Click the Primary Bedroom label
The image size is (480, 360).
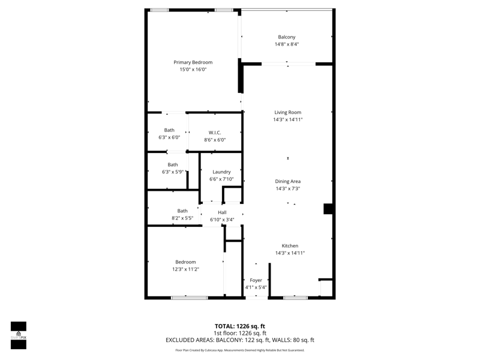(x=193, y=62)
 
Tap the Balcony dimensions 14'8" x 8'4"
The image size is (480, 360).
(x=287, y=44)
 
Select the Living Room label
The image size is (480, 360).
(x=288, y=112)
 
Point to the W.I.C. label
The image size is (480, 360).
(x=215, y=133)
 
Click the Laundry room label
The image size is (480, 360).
(x=221, y=172)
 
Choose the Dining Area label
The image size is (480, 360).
(x=288, y=181)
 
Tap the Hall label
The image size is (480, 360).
(x=222, y=212)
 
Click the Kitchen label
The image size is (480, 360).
(x=290, y=246)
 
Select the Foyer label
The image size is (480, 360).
(x=256, y=280)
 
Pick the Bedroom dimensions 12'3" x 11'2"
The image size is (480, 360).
(x=186, y=269)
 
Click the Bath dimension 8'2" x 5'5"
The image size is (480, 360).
(x=182, y=218)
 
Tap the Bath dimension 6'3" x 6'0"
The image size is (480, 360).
(x=169, y=137)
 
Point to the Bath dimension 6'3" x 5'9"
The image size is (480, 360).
(x=173, y=172)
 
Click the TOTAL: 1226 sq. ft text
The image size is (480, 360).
(x=240, y=326)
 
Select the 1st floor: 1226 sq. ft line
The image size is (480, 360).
(x=240, y=333)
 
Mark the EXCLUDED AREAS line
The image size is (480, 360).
(x=240, y=340)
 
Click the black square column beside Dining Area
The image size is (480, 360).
(x=328, y=209)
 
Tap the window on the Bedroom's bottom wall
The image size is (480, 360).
(x=190, y=298)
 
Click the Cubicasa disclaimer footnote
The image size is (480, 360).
(x=240, y=350)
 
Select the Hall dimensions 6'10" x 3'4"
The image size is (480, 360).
(x=222, y=220)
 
